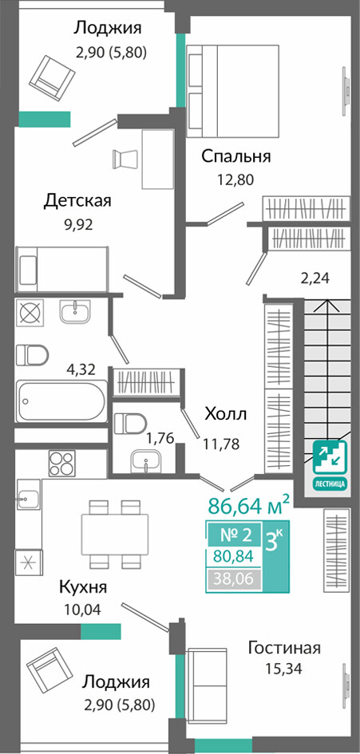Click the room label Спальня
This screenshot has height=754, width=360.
point(235,156)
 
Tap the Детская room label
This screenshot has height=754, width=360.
point(77,200)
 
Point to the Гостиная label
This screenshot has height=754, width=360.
point(284,648)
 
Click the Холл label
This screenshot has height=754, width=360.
point(225,413)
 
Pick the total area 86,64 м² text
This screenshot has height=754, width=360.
point(249,505)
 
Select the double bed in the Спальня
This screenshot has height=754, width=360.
point(232,90)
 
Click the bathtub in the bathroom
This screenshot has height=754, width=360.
point(61,401)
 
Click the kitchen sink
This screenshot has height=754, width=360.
point(28,499)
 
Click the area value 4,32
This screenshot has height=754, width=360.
point(81,369)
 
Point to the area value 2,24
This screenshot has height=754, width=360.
point(315,278)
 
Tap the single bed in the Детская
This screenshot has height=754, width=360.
point(61,270)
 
